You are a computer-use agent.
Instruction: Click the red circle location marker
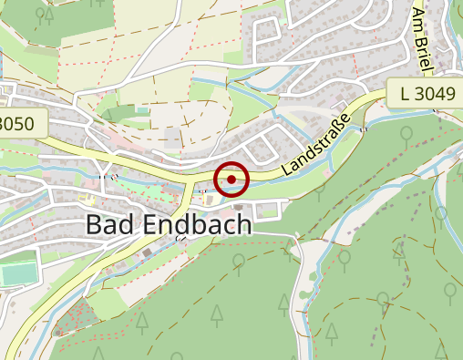(x=231, y=179)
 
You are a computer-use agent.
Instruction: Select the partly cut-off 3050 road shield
(x=20, y=123)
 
